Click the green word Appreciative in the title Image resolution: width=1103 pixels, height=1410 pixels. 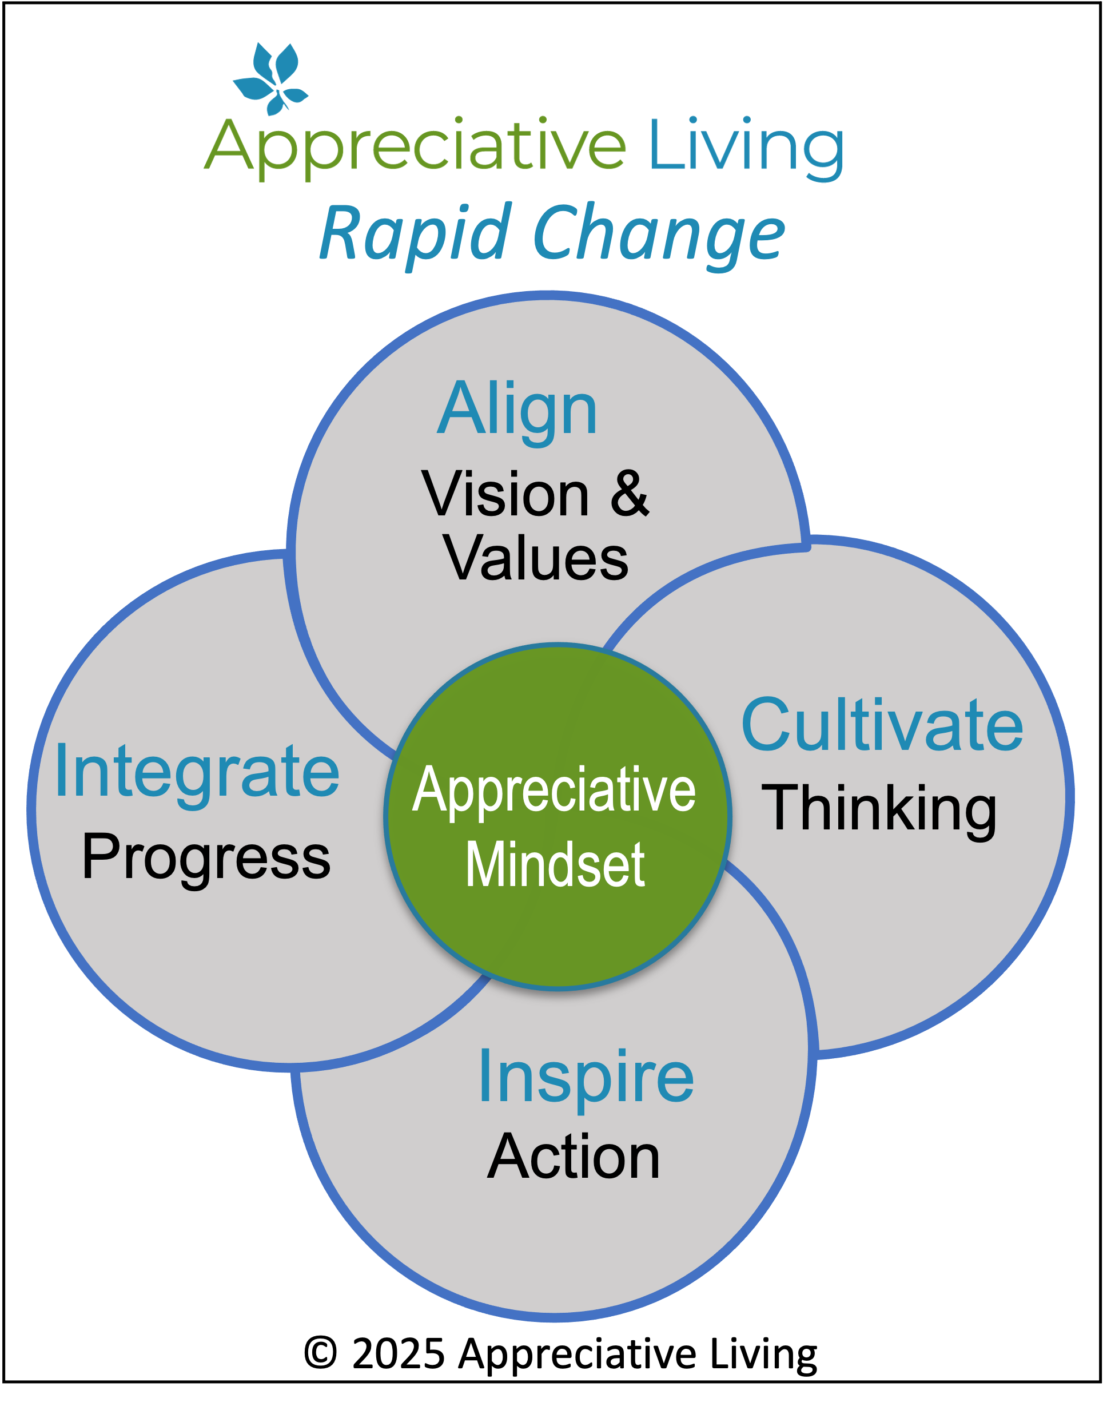click(x=415, y=149)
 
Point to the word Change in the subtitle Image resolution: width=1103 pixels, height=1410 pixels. click(x=659, y=235)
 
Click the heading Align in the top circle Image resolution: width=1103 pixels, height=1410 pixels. click(x=517, y=411)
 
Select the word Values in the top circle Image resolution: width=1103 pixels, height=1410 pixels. click(x=535, y=558)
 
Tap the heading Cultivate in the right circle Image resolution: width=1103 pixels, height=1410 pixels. click(x=882, y=725)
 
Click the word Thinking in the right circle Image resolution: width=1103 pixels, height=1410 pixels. click(x=879, y=810)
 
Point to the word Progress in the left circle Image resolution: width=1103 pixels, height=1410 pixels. click(x=206, y=859)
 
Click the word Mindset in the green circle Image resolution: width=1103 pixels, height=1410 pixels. click(x=555, y=865)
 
